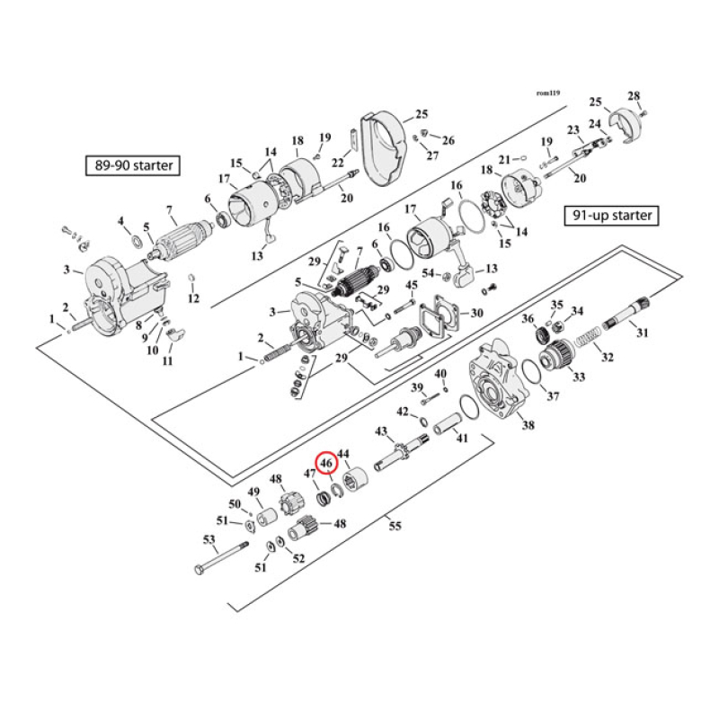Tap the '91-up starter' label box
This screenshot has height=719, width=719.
click(x=612, y=216)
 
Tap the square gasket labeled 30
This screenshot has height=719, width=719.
click(x=445, y=316)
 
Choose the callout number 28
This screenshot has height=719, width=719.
click(x=634, y=96)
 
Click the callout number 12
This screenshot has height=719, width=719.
click(x=193, y=298)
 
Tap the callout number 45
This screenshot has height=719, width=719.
click(x=412, y=286)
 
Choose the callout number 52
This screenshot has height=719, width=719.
click(x=298, y=557)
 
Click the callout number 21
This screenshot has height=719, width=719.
click(x=504, y=160)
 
